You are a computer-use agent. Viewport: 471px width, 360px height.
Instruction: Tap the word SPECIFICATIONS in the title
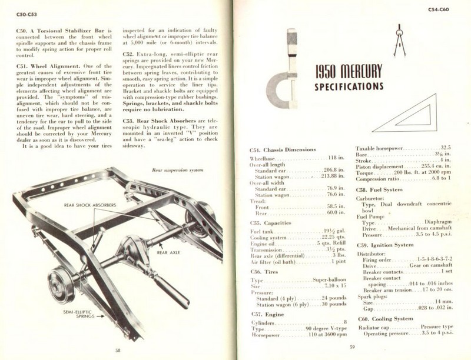[x=349, y=86]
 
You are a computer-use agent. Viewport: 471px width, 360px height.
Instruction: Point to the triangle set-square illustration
[x=408, y=116]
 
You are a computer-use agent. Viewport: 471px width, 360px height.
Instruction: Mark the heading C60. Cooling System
[x=386, y=318]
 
